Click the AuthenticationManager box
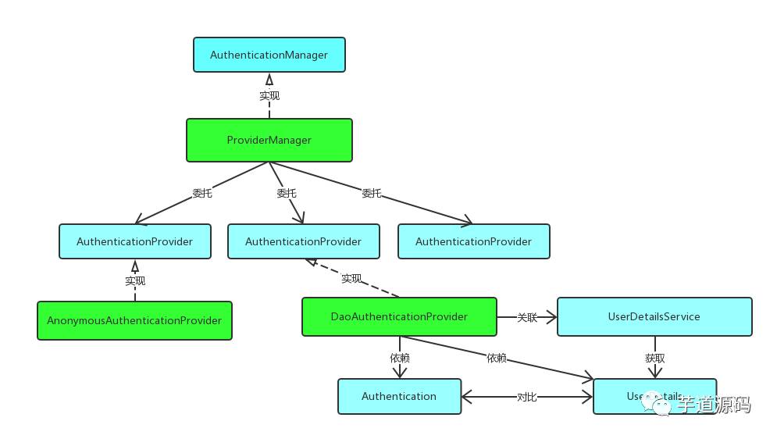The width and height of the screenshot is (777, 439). pyautogui.click(x=269, y=55)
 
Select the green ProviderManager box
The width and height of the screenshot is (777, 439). pyautogui.click(x=269, y=141)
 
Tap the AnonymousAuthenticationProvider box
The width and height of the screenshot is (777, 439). pyautogui.click(x=134, y=320)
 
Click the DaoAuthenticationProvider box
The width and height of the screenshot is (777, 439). pyautogui.click(x=399, y=316)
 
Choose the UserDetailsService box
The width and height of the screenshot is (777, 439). pyautogui.click(x=654, y=316)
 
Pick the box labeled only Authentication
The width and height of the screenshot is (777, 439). pyautogui.click(x=398, y=396)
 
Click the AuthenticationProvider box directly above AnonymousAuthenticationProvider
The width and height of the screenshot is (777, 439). pyautogui.click(x=134, y=241)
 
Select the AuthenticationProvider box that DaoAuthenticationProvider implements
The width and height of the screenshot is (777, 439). pyautogui.click(x=303, y=241)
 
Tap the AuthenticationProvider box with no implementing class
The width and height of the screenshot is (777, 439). pyautogui.click(x=473, y=241)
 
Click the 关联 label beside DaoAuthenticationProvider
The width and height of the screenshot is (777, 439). pyautogui.click(x=527, y=317)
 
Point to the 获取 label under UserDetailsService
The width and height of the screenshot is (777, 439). pyautogui.click(x=654, y=358)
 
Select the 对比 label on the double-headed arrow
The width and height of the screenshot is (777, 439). pyautogui.click(x=526, y=397)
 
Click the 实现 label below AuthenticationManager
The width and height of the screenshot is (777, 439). pyautogui.click(x=269, y=95)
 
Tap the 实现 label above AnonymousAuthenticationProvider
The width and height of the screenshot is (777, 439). pyautogui.click(x=134, y=280)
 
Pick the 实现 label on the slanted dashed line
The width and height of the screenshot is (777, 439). pyautogui.click(x=351, y=278)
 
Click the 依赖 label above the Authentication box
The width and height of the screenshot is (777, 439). pyautogui.click(x=399, y=358)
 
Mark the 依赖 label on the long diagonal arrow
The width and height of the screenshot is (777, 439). pyautogui.click(x=496, y=358)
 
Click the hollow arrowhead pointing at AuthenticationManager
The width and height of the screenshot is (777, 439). pyautogui.click(x=269, y=79)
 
